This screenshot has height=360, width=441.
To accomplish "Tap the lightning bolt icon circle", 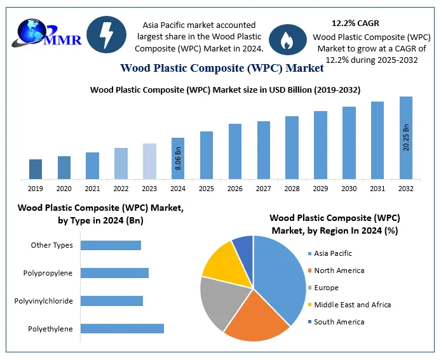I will pos(105,35).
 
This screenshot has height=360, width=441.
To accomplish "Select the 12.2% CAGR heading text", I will pos(355,23).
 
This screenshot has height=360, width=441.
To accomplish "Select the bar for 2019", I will pos(36,169).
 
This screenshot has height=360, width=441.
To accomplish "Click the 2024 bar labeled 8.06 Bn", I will pos(178,158).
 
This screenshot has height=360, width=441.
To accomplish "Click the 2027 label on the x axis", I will pos(263,189).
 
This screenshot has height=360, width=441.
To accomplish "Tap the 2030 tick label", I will pos(349,189).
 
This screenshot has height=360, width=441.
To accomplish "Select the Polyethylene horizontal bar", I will pos(122,328).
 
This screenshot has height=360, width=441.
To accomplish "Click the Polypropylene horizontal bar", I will pos(114,273).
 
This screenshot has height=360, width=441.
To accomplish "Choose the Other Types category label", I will pos(51,245).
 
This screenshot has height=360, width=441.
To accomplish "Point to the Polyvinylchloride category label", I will pos(43,300).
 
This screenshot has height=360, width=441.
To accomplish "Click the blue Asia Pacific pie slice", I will pos(283,273).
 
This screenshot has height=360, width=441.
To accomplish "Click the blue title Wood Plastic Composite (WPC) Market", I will pos(222,68).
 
